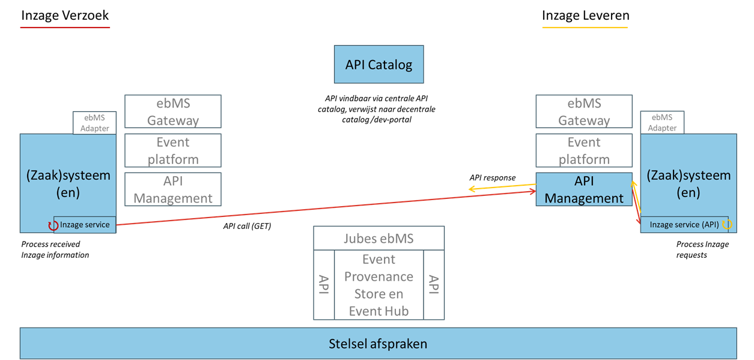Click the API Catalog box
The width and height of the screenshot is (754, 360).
click(x=379, y=64)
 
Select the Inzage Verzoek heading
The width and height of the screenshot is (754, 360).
click(x=65, y=16)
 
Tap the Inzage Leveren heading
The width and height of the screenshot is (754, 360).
click(x=585, y=16)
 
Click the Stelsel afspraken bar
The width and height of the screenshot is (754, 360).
click(x=378, y=344)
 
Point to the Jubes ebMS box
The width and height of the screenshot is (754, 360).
click(x=379, y=238)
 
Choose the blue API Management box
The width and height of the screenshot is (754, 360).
click(x=583, y=189)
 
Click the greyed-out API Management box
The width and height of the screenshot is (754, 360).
click(x=172, y=189)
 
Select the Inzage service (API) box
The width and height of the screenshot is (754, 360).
click(x=684, y=225)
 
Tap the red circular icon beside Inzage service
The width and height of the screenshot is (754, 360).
click(x=53, y=226)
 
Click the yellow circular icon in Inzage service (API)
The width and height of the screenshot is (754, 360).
click(x=727, y=225)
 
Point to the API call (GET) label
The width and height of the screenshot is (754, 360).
click(x=247, y=227)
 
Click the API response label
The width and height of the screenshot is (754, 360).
click(x=492, y=178)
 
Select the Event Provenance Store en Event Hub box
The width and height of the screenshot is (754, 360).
click(x=379, y=285)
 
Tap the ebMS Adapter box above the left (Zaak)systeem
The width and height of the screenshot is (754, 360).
click(x=95, y=123)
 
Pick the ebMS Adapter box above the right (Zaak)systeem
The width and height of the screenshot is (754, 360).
click(x=662, y=123)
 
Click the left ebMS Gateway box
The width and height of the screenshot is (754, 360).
click(x=172, y=112)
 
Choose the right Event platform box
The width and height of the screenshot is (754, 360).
click(x=583, y=150)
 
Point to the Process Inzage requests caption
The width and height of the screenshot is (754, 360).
click(x=702, y=249)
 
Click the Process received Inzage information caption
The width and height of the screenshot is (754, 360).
click(x=55, y=249)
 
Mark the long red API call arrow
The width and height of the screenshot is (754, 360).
click(x=324, y=209)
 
